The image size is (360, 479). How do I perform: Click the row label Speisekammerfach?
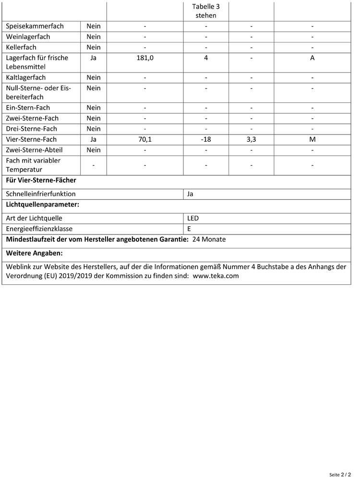pos(35,26)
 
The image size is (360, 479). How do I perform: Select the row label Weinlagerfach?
pos(28,37)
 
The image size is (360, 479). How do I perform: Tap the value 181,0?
pos(144,58)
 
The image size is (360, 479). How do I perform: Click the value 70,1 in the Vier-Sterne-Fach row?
pos(144,140)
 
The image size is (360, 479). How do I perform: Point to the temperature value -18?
pos(206,140)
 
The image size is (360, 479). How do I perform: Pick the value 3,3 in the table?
pos(251,140)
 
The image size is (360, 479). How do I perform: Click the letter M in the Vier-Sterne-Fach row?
pos(312,140)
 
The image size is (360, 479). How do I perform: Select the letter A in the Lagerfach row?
pos(312,58)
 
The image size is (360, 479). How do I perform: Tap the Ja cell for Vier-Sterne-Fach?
pos(94,140)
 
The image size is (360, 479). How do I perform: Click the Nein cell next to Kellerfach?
pos(94,48)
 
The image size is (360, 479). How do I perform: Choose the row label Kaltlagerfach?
pos(26,78)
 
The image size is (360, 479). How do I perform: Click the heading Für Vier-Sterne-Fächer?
pos(41,181)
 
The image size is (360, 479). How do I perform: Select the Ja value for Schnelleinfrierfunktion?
pos(191,195)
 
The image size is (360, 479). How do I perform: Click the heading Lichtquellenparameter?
pos(42,205)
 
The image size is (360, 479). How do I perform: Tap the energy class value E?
pos(189,229)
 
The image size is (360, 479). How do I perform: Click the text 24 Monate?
pos(209,240)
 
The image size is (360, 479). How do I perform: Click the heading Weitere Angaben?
pos(34,253)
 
